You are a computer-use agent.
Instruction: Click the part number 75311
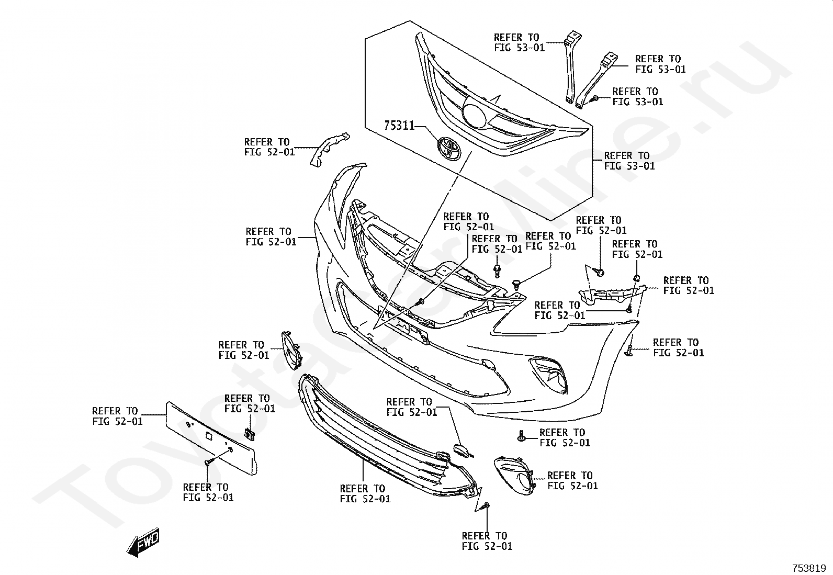tap(399, 126)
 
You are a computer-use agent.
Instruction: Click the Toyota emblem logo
tap(448, 148)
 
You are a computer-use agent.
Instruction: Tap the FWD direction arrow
tap(143, 544)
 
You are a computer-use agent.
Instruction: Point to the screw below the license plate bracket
tap(209, 462)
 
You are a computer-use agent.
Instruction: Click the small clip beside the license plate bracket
tap(250, 434)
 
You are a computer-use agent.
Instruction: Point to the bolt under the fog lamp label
tap(522, 434)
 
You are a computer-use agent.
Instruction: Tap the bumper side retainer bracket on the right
tap(607, 294)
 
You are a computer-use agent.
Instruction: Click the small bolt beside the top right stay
tap(594, 98)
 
